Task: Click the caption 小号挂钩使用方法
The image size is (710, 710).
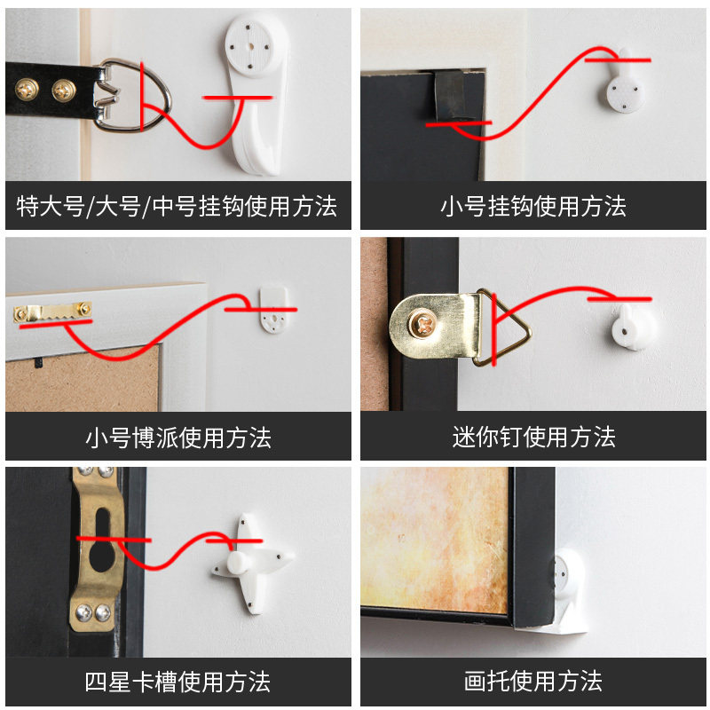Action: [x=533, y=206]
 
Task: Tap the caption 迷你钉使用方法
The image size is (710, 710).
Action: [x=533, y=437]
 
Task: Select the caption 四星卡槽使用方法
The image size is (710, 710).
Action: [x=177, y=682]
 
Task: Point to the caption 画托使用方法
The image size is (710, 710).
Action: [x=533, y=681]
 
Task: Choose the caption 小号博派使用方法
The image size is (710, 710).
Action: [x=178, y=438]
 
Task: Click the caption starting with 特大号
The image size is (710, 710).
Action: [x=177, y=207]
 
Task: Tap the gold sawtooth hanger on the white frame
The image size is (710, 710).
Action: [x=52, y=312]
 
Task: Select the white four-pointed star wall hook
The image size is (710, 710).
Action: [x=252, y=563]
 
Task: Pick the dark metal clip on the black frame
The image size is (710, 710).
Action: [x=450, y=95]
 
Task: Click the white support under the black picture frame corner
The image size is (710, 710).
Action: [x=568, y=593]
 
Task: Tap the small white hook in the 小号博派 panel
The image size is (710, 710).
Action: [x=274, y=309]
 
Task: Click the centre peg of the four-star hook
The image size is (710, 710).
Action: [x=237, y=562]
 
